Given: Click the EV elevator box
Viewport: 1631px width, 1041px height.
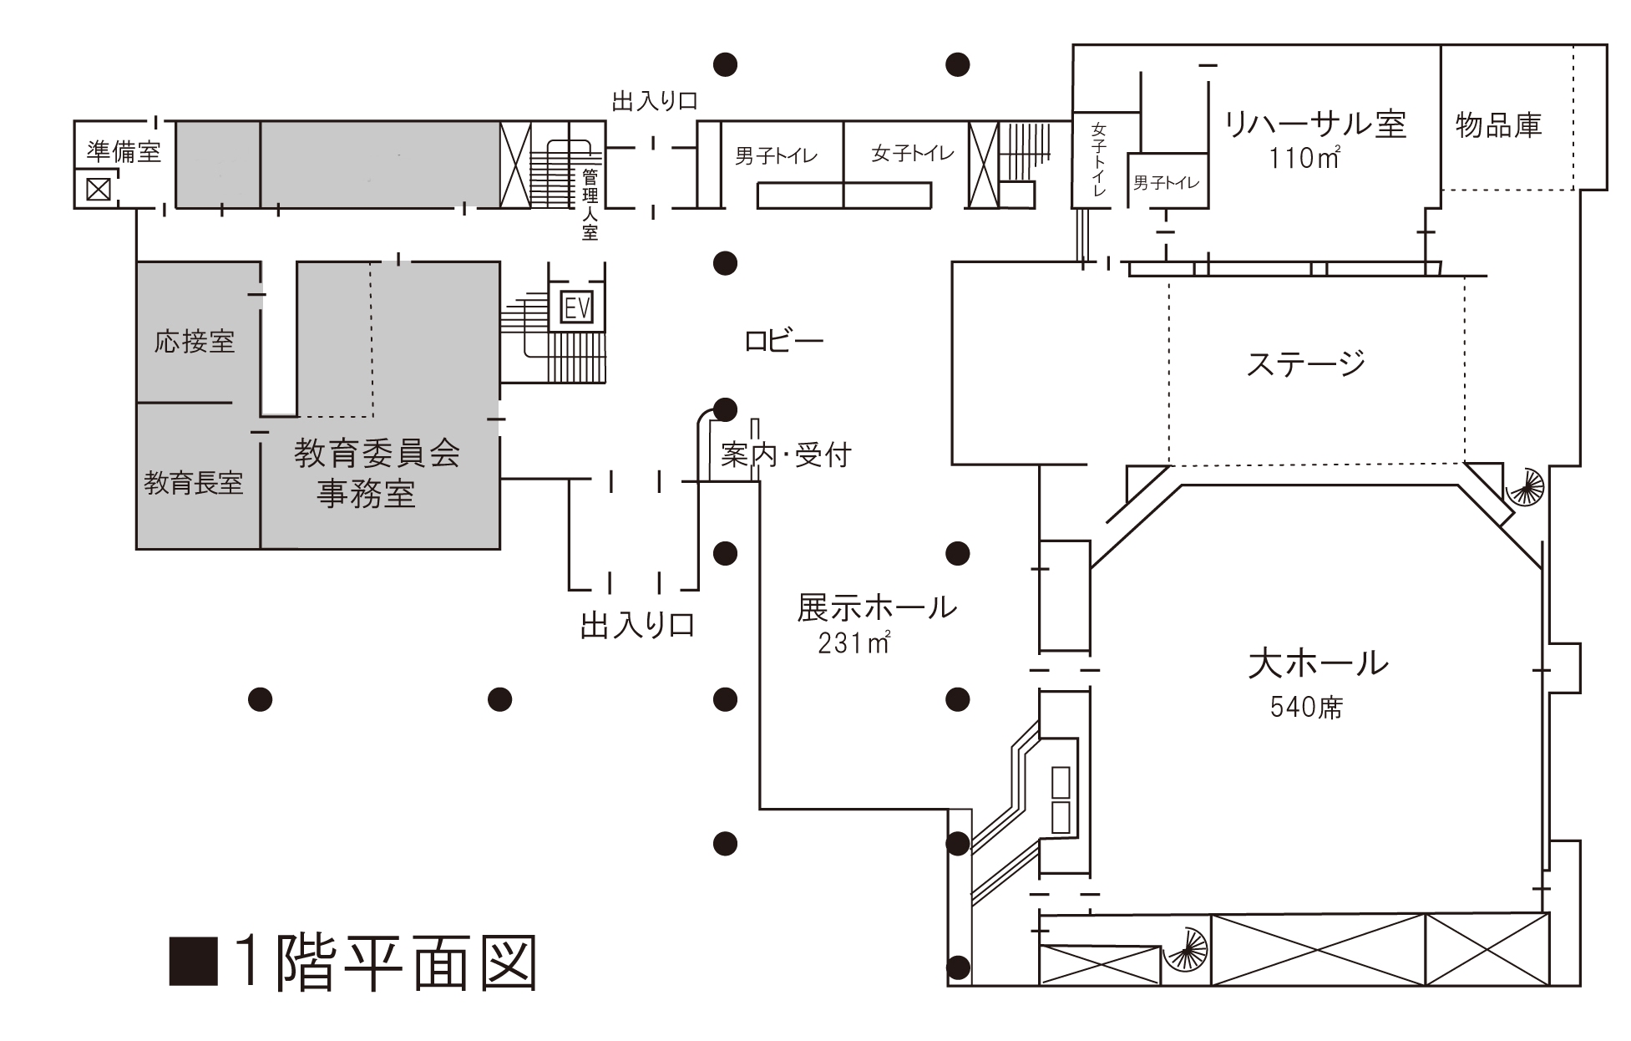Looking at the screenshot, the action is (x=577, y=308).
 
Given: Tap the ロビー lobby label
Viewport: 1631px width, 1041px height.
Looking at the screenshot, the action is (x=783, y=341).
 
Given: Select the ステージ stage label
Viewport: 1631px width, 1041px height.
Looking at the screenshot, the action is (x=1305, y=363).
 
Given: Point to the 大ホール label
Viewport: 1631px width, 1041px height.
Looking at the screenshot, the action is (x=1318, y=663).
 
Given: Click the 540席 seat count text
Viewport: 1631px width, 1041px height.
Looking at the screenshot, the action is (x=1306, y=708).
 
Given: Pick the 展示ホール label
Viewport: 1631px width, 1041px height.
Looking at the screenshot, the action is (x=877, y=607).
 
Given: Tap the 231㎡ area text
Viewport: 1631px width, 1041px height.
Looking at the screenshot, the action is (x=854, y=643).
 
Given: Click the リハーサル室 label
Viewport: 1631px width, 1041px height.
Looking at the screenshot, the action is (x=1315, y=124).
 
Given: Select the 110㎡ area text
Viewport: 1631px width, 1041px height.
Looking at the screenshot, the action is (x=1304, y=158).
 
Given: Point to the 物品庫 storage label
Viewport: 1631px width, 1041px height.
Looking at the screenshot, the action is (x=1498, y=125).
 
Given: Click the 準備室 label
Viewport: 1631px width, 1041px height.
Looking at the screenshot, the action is (x=124, y=151).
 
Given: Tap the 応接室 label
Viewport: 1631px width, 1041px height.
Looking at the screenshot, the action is (x=195, y=341).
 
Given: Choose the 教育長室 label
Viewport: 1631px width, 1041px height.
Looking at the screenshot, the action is (x=194, y=482).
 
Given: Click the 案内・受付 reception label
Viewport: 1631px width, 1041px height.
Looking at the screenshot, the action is (x=785, y=454).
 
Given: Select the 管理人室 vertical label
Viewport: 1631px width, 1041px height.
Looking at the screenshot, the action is (x=590, y=205).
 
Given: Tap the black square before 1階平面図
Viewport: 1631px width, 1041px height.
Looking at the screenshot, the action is (x=194, y=961).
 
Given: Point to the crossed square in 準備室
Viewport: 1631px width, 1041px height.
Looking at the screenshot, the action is (x=99, y=190).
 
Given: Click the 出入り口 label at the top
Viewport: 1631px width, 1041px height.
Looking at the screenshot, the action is (x=655, y=102).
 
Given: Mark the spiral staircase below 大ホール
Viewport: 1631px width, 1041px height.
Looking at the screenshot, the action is (x=1186, y=950).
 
